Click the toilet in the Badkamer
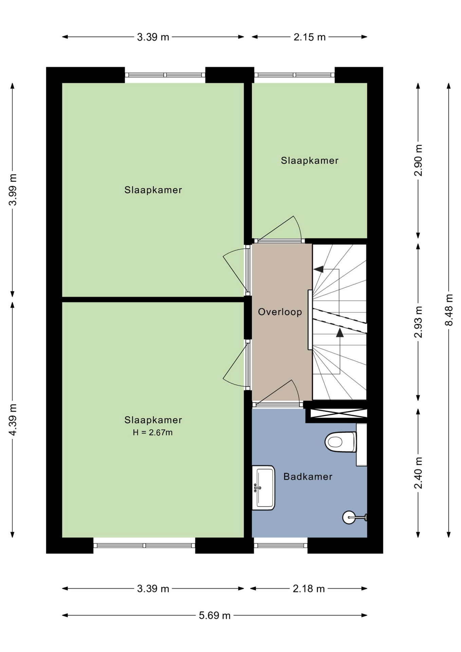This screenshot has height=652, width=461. (341, 442)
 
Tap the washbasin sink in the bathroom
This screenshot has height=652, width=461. (263, 488)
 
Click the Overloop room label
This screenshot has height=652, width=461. (280, 312)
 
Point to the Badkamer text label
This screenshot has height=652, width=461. (308, 476)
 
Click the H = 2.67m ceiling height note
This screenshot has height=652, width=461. (153, 433)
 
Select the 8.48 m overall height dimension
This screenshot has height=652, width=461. (449, 310)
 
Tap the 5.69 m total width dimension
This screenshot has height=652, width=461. (215, 615)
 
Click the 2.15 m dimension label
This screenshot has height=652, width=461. (310, 37)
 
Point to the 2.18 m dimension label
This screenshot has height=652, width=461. (309, 588)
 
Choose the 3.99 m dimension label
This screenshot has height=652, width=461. (13, 190)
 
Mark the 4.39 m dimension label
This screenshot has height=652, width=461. (13, 420)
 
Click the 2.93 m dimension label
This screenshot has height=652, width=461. (418, 322)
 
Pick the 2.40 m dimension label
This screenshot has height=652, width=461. (418, 473)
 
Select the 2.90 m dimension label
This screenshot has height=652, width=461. (418, 160)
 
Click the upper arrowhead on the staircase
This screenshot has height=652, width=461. (318, 269)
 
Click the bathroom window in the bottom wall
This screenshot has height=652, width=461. (281, 545)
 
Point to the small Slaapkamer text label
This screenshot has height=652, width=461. (310, 161)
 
